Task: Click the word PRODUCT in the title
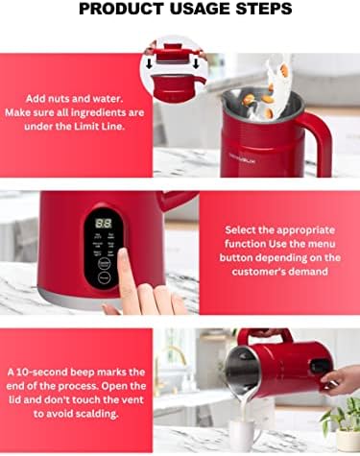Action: click(121, 9)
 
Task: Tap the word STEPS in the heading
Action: click(264, 9)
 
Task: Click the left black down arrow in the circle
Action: click(149, 64)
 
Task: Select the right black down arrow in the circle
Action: click(196, 64)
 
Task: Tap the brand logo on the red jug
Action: click(242, 161)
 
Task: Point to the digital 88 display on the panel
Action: click(104, 223)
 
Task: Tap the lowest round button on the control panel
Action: click(105, 277)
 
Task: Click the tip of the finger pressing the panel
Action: click(122, 252)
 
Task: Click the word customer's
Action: click(258, 272)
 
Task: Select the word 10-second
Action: click(42, 372)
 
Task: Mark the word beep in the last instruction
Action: click(83, 372)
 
